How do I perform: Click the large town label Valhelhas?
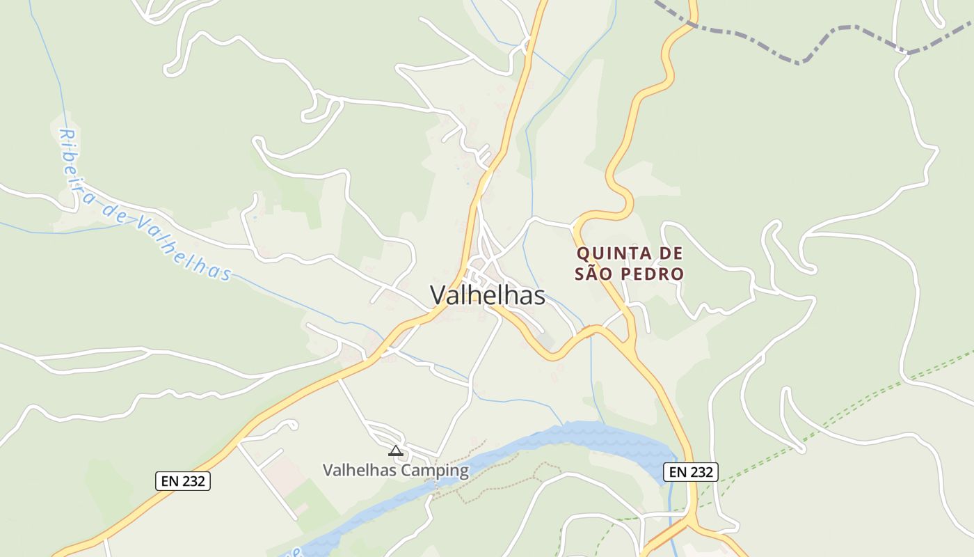point(487,295)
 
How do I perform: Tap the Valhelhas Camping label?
point(395,471)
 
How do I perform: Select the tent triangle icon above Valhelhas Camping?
point(395,450)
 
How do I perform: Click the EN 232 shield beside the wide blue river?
point(690,472)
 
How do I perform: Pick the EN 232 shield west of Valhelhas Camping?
point(182,480)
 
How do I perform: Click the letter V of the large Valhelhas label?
point(438,295)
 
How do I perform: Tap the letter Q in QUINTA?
point(584,253)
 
